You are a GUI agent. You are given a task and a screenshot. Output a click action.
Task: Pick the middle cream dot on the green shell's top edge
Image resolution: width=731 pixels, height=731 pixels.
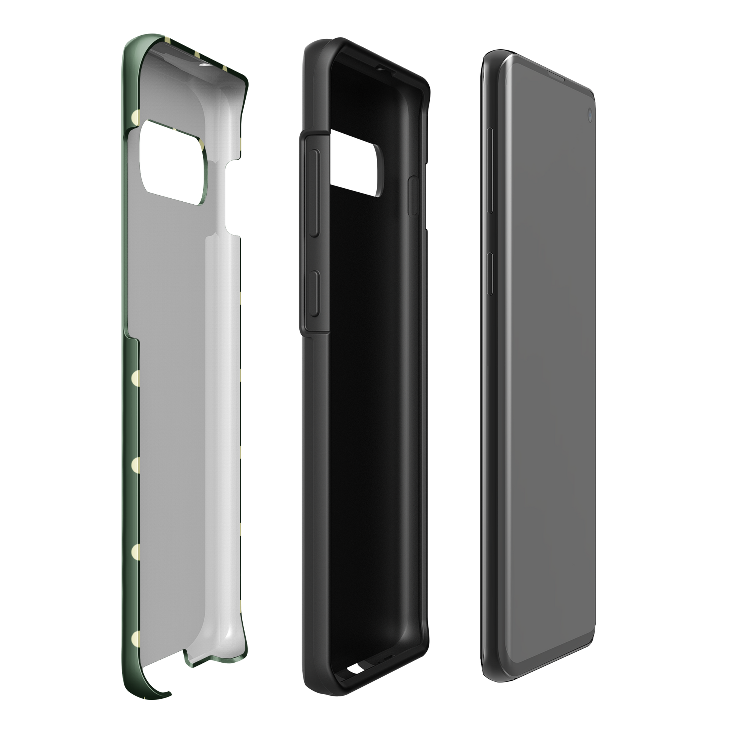click(x=197, y=55)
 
